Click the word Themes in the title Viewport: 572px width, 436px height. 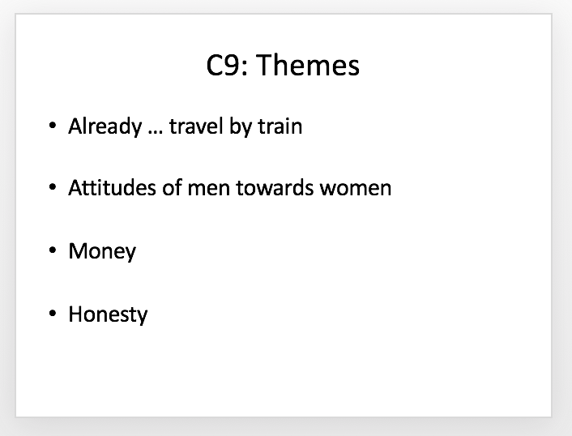pos(308,65)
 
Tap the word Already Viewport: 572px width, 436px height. pos(105,127)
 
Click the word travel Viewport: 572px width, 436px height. pos(196,126)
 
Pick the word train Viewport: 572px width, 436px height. pos(280,126)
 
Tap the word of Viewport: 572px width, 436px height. pos(172,187)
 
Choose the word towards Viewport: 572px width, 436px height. pos(275,188)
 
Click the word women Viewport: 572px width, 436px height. pos(356,190)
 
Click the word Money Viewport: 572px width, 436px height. pos(102,253)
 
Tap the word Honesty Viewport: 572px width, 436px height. pos(108,315)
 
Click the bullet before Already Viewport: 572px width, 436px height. pos(53,126)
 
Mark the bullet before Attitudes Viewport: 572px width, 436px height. pos(53,187)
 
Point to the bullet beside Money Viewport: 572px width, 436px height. pos(53,250)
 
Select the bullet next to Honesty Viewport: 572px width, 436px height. pos(53,313)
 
